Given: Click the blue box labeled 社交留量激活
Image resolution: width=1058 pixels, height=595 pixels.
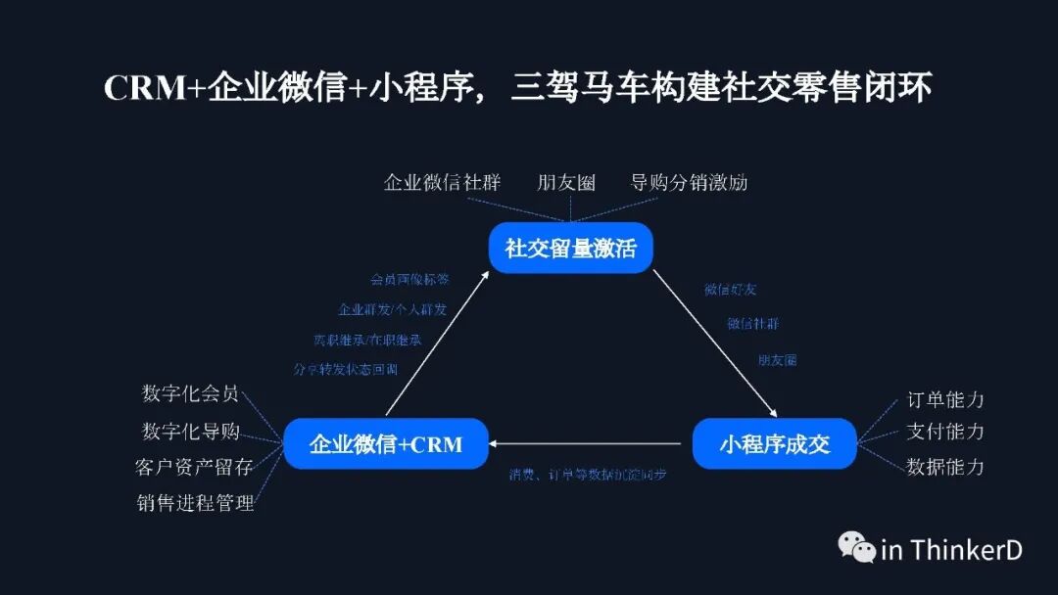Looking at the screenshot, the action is [x=570, y=249].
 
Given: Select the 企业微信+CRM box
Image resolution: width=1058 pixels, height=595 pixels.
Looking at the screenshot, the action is [x=385, y=444].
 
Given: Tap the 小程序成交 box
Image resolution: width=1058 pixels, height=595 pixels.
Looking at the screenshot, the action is [x=774, y=444].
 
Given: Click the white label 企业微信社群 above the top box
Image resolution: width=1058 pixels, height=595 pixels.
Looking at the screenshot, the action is [x=442, y=182].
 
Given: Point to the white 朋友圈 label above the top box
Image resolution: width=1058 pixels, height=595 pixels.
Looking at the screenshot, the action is [x=566, y=182].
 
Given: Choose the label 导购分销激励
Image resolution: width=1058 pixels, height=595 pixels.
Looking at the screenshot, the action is [x=689, y=182].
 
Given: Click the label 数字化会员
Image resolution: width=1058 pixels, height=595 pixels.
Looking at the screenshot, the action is [x=190, y=393].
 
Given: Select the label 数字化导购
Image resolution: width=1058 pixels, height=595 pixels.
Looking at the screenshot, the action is [x=190, y=431].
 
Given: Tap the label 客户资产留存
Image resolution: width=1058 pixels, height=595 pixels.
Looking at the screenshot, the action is [x=193, y=467].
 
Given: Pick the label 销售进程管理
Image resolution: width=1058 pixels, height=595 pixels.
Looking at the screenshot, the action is [x=195, y=503].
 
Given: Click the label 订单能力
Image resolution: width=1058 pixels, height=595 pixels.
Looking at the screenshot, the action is [x=945, y=399].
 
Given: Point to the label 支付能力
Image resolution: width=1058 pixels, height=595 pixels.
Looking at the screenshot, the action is [x=945, y=432].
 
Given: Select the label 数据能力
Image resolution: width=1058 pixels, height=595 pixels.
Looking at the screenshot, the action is [x=945, y=467].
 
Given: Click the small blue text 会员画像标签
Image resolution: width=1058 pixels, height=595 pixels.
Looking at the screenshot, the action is [x=409, y=279].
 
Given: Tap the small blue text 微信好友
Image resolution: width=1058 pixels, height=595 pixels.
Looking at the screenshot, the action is [x=730, y=290].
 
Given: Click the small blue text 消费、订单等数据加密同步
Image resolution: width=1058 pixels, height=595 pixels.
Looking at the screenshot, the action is [x=588, y=475].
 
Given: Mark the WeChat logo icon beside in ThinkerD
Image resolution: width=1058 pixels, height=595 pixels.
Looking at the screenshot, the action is [x=856, y=548].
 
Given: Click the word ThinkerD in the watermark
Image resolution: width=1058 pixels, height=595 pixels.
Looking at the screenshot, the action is [x=966, y=550].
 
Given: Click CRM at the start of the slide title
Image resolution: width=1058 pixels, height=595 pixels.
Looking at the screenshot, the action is [x=145, y=88].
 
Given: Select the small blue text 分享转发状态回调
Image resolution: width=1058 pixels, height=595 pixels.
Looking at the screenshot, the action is [x=345, y=369].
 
